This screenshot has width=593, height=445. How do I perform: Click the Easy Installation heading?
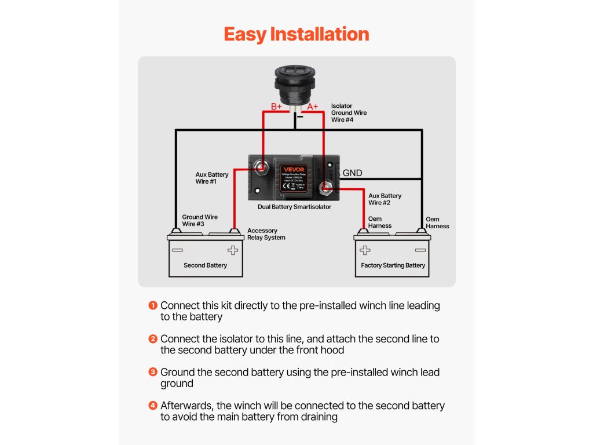(296, 34)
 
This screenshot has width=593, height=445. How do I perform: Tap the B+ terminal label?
(277, 107)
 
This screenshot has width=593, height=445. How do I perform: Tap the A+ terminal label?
(313, 107)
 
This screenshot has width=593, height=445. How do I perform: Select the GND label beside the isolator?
(353, 173)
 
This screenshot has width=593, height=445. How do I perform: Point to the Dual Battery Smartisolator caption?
(295, 207)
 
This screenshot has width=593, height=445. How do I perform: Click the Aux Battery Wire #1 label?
(212, 178)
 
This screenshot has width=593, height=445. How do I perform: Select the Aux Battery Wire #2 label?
(385, 199)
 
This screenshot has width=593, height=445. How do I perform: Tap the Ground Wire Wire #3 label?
(200, 221)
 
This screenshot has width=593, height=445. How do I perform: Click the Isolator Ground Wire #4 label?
(349, 113)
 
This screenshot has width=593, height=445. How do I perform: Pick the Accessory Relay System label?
(266, 234)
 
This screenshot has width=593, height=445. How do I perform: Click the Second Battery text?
(205, 265)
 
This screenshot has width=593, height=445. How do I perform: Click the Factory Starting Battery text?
(393, 265)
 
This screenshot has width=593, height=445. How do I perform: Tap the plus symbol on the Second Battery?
(233, 250)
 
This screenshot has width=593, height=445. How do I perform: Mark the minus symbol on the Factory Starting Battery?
(420, 250)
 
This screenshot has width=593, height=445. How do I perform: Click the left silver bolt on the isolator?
(262, 168)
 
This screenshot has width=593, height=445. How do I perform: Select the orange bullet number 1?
(153, 305)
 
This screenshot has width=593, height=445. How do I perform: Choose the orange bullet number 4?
(153, 406)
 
